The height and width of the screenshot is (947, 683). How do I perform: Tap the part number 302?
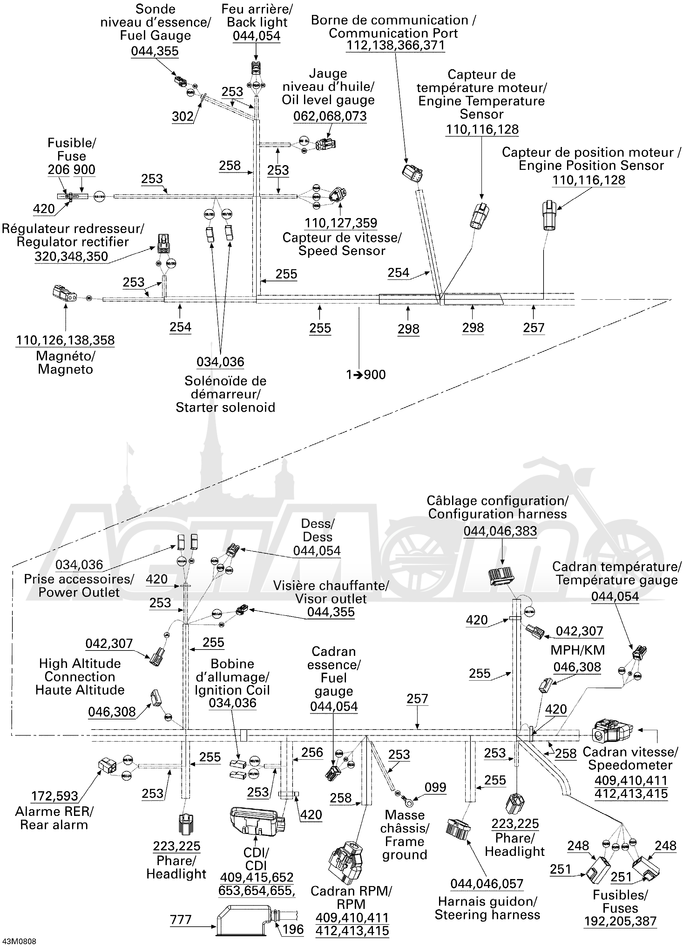click(x=183, y=117)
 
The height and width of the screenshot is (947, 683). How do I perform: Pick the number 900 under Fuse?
click(x=85, y=170)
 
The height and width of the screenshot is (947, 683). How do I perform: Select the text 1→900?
click(x=366, y=375)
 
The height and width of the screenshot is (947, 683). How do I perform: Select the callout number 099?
click(x=435, y=788)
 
